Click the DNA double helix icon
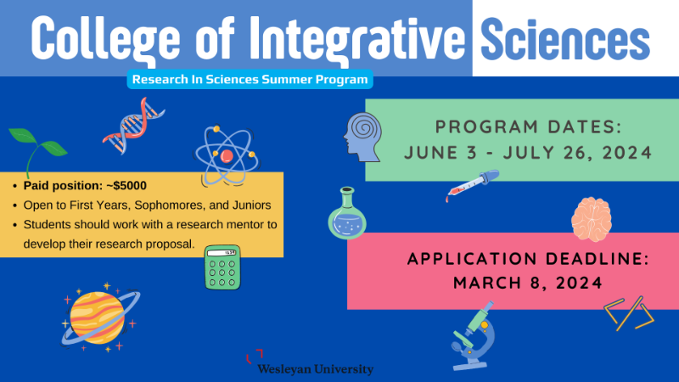(x=133, y=126)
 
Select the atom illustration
(x=226, y=156)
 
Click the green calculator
(x=222, y=267)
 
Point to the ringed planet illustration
(x=99, y=317)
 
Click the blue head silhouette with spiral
(x=363, y=138)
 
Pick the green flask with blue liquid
(x=347, y=213)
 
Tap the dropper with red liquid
(x=473, y=185)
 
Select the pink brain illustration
(x=592, y=219)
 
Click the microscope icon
(x=473, y=335)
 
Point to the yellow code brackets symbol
(x=629, y=313)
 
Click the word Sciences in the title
(x=565, y=40)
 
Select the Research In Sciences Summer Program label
(x=250, y=80)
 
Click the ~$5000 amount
(x=126, y=186)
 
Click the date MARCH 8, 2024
(x=528, y=284)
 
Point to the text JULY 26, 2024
(x=577, y=153)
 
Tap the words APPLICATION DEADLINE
(x=528, y=259)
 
